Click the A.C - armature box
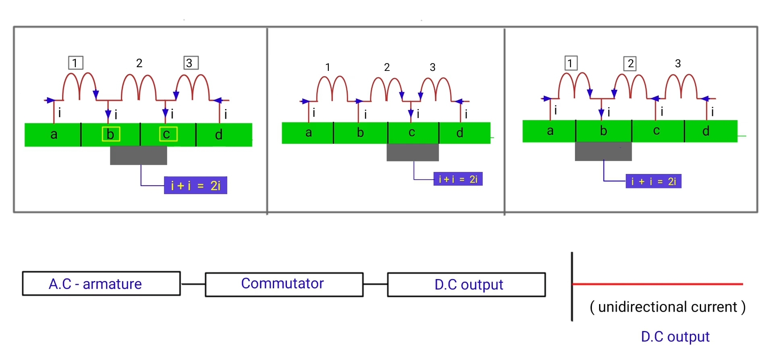[101, 284]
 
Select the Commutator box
[284, 284]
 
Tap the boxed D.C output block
[466, 285]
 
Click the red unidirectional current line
[657, 284]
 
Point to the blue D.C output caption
[675, 337]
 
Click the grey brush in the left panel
[138, 155]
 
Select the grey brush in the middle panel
[413, 153]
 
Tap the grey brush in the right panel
[603, 151]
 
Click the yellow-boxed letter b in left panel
[110, 134]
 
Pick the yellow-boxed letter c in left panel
[168, 134]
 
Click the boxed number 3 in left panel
[191, 63]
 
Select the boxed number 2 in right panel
[630, 64]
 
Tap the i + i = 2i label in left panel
[195, 185]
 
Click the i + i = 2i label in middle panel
[458, 179]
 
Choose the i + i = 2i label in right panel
[653, 182]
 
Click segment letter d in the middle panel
[460, 133]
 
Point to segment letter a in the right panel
[550, 131]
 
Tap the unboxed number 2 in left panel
[139, 63]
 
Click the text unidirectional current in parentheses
[667, 307]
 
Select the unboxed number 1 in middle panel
[328, 67]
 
